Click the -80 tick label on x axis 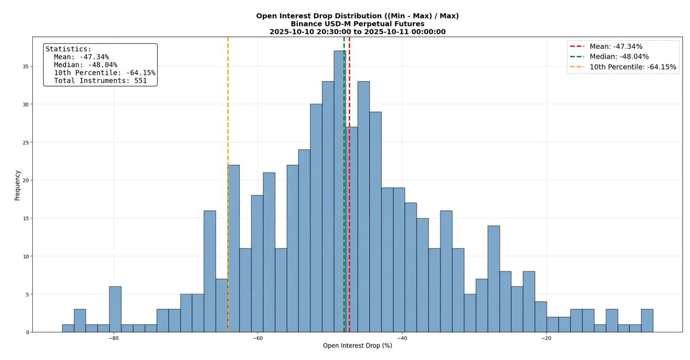[114, 338]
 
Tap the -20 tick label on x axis [546, 338]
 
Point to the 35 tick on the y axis [25, 66]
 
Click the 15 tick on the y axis [25, 218]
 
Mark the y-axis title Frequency [17, 185]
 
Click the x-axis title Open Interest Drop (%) [357, 346]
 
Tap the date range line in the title [357, 32]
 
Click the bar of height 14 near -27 [493, 279]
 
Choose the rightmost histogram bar [647, 321]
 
